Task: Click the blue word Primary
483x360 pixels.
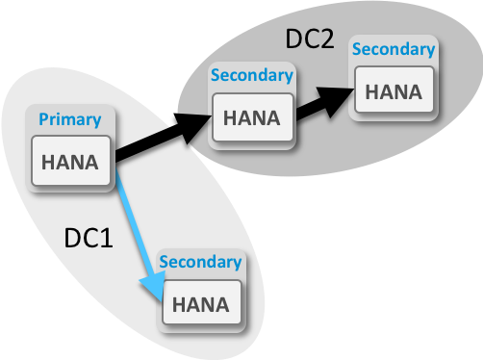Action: coord(68,119)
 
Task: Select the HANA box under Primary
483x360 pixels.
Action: coord(71,162)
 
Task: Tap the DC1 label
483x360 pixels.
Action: coord(89,238)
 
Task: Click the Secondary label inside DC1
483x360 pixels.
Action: coord(200,262)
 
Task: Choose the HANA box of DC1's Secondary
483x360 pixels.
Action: coord(200,304)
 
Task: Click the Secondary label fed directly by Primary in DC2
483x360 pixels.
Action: coord(251,75)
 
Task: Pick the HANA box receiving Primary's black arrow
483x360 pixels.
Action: coord(252,117)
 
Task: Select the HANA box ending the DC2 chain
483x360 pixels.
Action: coord(393,91)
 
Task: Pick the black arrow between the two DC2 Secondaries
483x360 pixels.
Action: coord(313,103)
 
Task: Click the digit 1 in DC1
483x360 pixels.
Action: coord(107,238)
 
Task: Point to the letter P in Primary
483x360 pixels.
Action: coord(43,119)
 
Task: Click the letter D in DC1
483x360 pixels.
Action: coord(71,238)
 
